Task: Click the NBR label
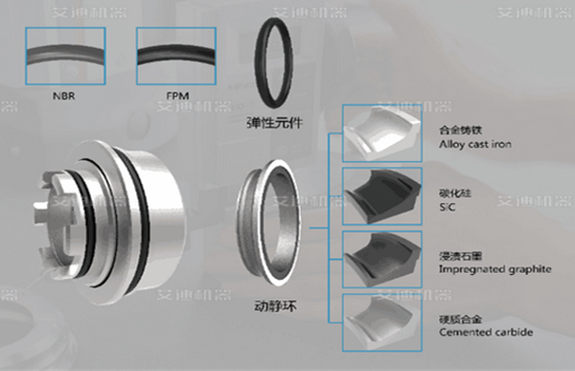pyautogui.click(x=64, y=96)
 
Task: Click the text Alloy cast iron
pyautogui.click(x=473, y=142)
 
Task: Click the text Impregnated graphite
pyautogui.click(x=493, y=269)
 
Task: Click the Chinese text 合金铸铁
pyautogui.click(x=455, y=128)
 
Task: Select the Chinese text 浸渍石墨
pyautogui.click(x=455, y=256)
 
